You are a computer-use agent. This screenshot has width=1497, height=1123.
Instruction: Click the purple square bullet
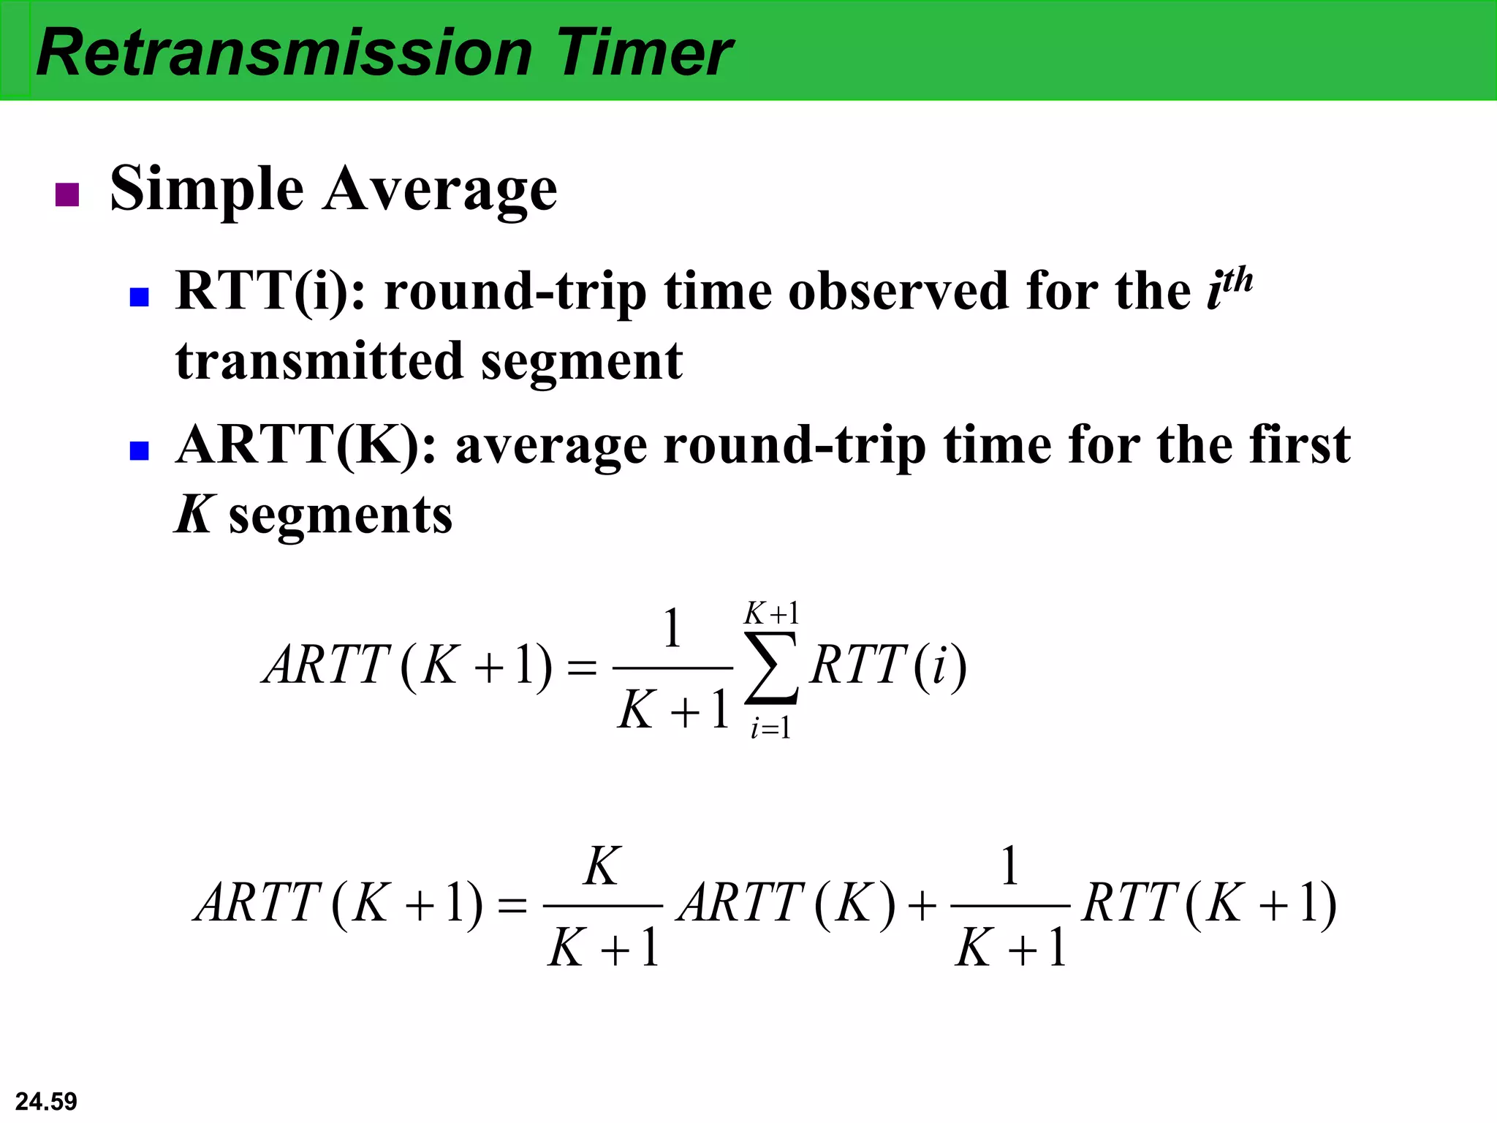67,194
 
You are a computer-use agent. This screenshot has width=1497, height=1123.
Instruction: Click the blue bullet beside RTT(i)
139,296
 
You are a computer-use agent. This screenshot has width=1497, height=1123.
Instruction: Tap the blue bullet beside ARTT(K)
139,450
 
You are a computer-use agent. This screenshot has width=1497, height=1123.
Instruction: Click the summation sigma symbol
771,668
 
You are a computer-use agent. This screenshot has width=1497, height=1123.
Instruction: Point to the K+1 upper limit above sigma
771,613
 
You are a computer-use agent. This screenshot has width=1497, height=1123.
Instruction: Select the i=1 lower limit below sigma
770,728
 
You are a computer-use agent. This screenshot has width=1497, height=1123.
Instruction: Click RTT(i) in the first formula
887,665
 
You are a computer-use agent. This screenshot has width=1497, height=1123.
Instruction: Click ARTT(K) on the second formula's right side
786,903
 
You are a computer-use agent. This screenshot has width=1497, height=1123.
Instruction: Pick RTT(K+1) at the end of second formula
1209,903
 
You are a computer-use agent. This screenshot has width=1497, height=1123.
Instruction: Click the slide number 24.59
46,1101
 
